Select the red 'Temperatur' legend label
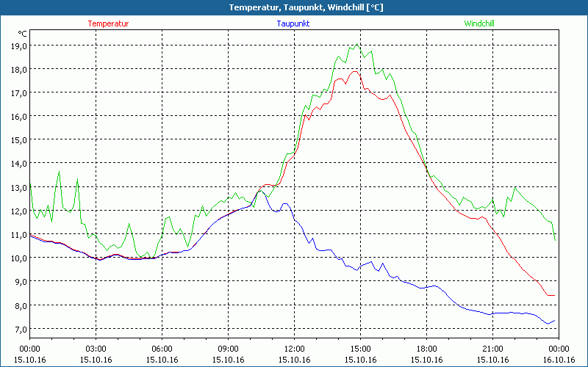[108, 23]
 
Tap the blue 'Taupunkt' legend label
[293, 23]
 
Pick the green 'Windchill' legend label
[478, 23]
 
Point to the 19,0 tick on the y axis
[18, 46]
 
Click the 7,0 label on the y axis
[18, 329]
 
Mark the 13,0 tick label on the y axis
[18, 187]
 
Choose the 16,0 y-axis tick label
[18, 116]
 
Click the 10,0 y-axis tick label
[18, 258]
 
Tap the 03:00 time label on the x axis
[96, 349]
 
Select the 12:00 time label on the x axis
[294, 349]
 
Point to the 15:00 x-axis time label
[360, 349]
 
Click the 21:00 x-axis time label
[492, 349]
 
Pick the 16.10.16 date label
[559, 360]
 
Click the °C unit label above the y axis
[23, 34]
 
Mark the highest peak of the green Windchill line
[358, 44]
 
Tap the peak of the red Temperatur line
[355, 71]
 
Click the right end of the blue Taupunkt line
[555, 320]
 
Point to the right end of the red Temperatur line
[554, 295]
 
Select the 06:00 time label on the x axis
[162, 349]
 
